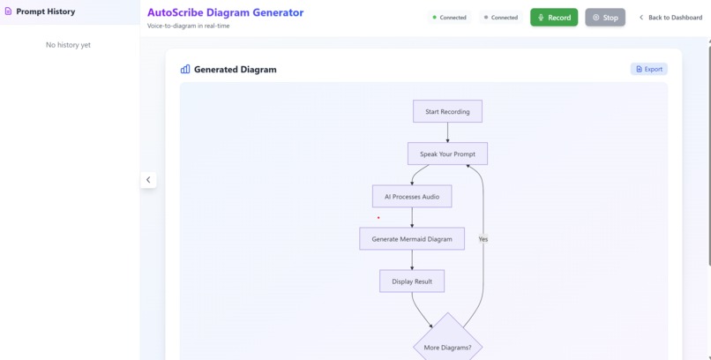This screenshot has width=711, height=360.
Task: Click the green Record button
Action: click(x=554, y=18)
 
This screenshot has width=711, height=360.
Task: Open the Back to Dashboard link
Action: click(x=670, y=18)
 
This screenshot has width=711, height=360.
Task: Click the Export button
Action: click(x=649, y=69)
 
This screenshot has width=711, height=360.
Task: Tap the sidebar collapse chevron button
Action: click(x=148, y=180)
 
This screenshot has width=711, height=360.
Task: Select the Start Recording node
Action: click(x=447, y=112)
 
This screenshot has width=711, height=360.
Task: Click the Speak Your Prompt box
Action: click(x=447, y=154)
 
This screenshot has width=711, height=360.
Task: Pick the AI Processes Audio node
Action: click(x=412, y=197)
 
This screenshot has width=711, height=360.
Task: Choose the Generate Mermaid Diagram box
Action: click(x=412, y=239)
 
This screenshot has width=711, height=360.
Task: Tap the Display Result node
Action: click(x=412, y=281)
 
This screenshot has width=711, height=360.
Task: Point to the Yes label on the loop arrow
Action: click(x=483, y=239)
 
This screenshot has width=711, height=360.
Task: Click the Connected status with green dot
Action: click(x=450, y=18)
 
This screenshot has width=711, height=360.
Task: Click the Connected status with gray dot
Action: click(x=502, y=18)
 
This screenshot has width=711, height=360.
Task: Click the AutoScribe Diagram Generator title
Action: click(x=225, y=12)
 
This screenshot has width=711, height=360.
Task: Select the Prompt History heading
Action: click(x=45, y=11)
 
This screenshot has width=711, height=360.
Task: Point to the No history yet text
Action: click(x=68, y=45)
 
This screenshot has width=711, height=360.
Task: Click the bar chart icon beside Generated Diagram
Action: click(x=185, y=69)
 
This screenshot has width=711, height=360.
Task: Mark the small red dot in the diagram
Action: click(x=378, y=218)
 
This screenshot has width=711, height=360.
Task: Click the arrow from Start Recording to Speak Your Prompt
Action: click(x=447, y=132)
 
